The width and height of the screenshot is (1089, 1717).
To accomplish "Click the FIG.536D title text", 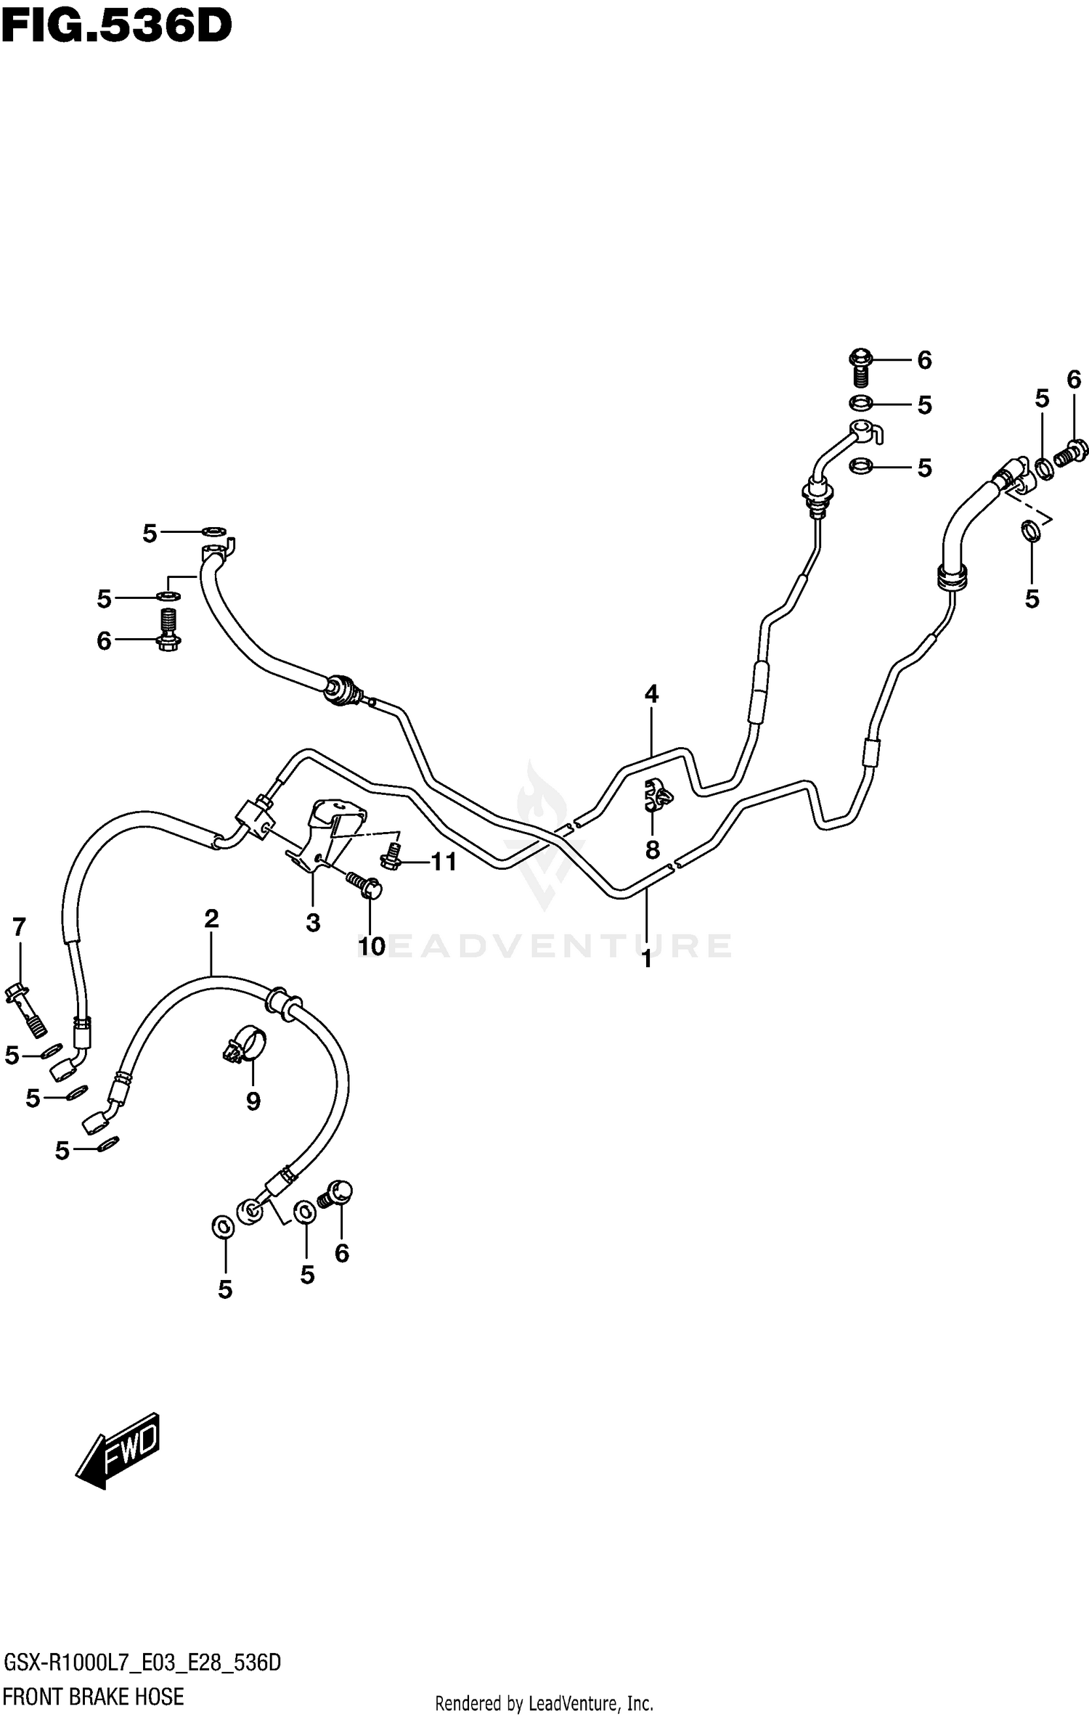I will (116, 27).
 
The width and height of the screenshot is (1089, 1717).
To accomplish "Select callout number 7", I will (19, 927).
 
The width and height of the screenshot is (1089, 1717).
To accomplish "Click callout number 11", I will (444, 862).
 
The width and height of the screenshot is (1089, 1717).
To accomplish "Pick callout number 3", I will (313, 923).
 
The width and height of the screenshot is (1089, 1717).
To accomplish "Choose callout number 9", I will (253, 1102).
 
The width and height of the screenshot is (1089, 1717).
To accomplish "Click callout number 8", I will (652, 849).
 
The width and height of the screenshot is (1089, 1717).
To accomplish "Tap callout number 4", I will (651, 694).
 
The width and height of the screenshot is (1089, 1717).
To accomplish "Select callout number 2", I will (211, 919).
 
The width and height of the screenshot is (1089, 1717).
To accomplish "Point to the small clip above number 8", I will (657, 796).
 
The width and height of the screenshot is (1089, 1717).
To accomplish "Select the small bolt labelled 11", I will (392, 856).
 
